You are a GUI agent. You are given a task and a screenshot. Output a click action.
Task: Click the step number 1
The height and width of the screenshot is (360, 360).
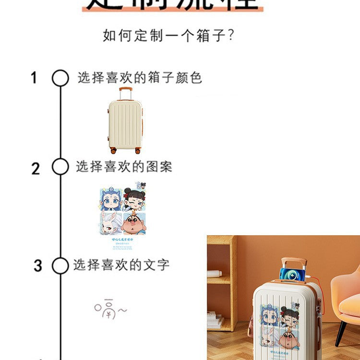[x=34, y=78]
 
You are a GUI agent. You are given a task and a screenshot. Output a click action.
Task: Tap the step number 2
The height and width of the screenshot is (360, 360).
[x=36, y=168]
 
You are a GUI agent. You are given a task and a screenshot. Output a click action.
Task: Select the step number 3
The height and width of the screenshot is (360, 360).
[x=38, y=265]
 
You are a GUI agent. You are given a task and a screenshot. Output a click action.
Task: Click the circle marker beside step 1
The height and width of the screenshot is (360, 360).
[x=60, y=78]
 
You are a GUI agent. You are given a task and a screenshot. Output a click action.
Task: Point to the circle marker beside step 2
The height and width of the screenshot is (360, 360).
[x=60, y=167]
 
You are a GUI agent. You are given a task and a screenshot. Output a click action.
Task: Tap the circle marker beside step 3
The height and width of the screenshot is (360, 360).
[x=60, y=265]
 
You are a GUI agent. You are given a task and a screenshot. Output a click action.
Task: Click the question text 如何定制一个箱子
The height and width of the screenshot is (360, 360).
[x=168, y=36]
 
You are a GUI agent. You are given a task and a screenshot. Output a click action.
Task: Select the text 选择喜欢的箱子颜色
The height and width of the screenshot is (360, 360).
[x=140, y=78]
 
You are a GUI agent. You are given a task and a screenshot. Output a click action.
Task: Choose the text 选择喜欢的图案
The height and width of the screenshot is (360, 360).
[x=124, y=167]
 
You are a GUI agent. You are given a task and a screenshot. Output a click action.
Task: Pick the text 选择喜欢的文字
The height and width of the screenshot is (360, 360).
[x=121, y=264]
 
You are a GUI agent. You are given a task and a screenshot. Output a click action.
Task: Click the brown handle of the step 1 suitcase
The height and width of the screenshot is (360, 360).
[x=126, y=90]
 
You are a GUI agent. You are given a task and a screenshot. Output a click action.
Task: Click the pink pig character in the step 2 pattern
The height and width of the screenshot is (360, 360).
[x=134, y=225]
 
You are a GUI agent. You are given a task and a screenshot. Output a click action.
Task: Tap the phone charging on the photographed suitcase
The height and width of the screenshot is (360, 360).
[x=291, y=274]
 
